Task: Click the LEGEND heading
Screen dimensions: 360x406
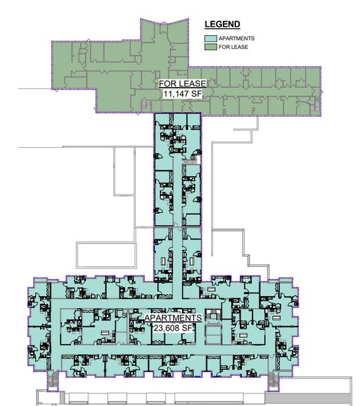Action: [222, 24]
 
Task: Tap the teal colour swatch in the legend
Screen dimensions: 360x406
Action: [210, 39]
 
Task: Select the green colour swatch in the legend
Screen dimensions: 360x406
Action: [210, 47]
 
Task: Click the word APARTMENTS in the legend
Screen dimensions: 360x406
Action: [237, 39]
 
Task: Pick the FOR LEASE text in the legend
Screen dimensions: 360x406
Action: [233, 47]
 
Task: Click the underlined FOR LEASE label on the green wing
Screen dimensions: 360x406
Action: [183, 84]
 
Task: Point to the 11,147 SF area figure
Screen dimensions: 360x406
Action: [183, 94]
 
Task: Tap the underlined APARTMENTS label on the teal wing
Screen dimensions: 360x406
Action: [173, 318]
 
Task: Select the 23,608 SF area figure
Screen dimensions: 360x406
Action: [173, 328]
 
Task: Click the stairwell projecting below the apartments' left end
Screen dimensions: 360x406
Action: [52, 381]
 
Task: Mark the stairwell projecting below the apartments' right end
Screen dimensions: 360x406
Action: [273, 381]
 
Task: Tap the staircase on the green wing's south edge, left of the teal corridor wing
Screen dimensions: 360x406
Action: [146, 106]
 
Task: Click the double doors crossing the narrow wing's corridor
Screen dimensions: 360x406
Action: [177, 226]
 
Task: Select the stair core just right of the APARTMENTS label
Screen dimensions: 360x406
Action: [213, 316]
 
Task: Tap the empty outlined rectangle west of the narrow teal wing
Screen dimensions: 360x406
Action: [106, 255]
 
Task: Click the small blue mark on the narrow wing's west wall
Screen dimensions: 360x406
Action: [154, 248]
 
